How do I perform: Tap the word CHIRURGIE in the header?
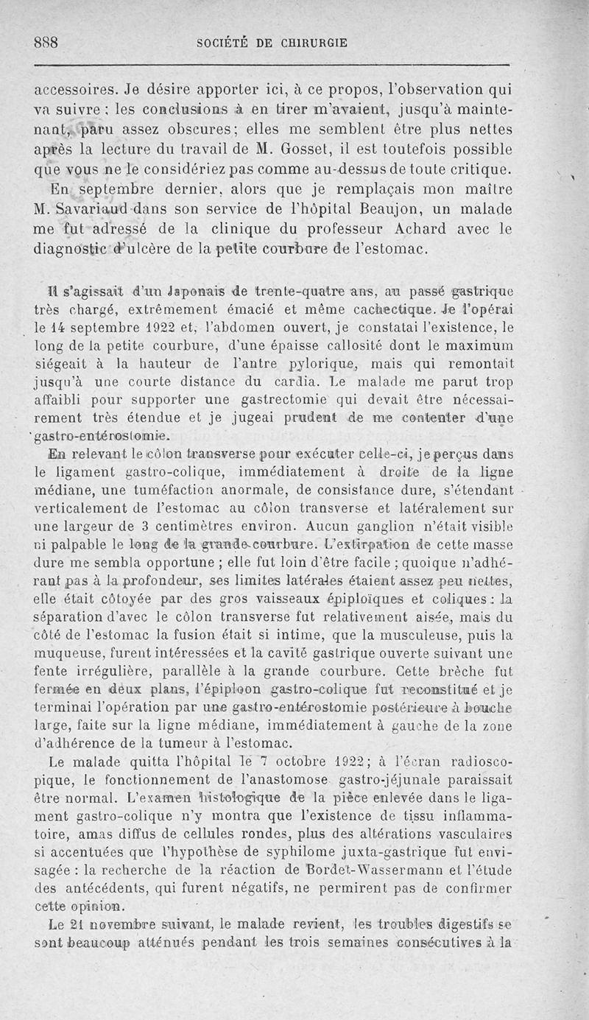[311, 43]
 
